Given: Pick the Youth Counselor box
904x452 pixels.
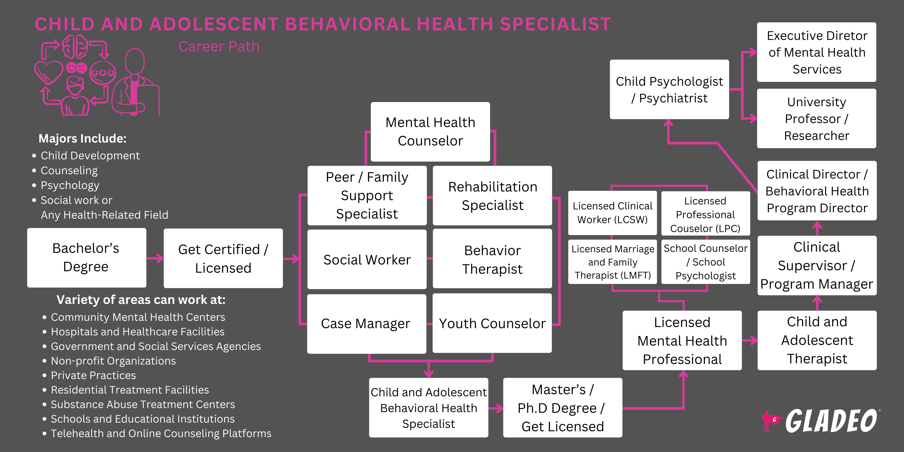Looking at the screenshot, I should click(492, 323).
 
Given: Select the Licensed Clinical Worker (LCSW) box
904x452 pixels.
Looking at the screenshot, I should click(612, 213).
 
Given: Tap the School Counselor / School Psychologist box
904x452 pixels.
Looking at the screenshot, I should click(705, 262).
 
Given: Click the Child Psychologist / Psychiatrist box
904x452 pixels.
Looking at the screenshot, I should click(669, 89).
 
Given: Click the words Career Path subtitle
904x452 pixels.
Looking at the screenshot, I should click(219, 47).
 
